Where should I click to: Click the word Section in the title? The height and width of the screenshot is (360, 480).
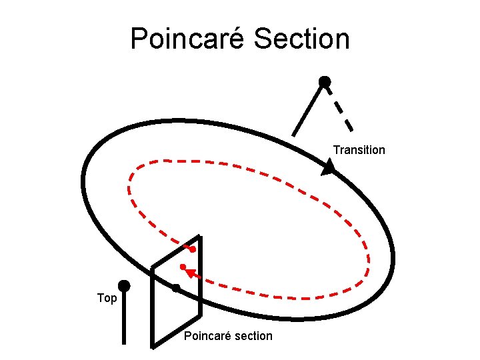coord(301,39)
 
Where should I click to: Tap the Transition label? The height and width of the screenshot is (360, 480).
coord(359,150)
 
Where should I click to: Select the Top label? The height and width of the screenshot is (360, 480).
coord(107,298)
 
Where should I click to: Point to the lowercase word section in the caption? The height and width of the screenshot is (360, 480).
coord(251,336)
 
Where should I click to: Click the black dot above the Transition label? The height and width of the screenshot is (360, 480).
coord(324,81)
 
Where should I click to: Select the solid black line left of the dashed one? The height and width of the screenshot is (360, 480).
coord(307,109)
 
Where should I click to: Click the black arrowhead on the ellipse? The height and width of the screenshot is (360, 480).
coord(327,167)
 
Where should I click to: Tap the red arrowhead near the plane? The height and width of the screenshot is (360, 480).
coord(191,272)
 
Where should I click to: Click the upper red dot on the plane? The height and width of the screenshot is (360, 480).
coord(192,249)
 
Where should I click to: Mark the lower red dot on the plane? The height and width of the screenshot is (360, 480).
coord(182,267)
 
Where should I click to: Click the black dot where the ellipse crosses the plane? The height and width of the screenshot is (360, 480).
coord(176,288)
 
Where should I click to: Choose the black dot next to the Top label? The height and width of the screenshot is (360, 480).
coord(123,286)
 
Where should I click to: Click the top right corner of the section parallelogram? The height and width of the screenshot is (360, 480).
coord(200,237)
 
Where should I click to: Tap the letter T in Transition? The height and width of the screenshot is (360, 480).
coord(336,150)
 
